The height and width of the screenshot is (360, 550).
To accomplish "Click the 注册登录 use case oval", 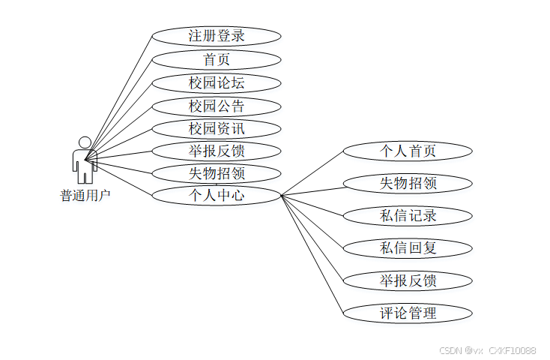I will pos(216,35).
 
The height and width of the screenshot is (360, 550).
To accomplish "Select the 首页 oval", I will pos(216,59).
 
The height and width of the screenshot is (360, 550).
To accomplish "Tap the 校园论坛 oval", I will pos(216,82).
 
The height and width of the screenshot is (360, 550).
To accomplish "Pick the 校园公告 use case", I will pos(216,106).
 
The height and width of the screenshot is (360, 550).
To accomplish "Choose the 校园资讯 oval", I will pos(216,128).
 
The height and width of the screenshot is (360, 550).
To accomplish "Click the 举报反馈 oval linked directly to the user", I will pos(216,151).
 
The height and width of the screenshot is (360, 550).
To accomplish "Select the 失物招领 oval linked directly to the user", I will pos(216,173).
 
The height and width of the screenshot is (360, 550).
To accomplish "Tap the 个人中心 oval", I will pos(216,196).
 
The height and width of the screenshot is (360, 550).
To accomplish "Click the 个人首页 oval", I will pos(408,151).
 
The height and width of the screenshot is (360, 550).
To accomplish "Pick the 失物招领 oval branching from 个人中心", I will pos(408,183).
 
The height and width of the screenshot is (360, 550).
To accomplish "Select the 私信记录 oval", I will pos(408,216).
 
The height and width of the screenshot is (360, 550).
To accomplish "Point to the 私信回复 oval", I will pos(408,247).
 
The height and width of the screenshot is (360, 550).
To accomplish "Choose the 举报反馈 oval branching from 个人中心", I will pos(408,280).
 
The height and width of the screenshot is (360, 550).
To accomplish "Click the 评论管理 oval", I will pos(408,313).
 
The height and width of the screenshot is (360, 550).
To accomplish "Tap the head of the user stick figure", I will pos(85,142).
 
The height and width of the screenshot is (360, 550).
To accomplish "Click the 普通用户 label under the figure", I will pos(85,196).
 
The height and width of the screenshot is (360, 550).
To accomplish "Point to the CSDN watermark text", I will pos(487,350).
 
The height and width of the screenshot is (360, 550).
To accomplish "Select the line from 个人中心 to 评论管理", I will pos(312,254).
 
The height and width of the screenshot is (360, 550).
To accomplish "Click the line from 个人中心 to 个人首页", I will pos(312,174).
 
